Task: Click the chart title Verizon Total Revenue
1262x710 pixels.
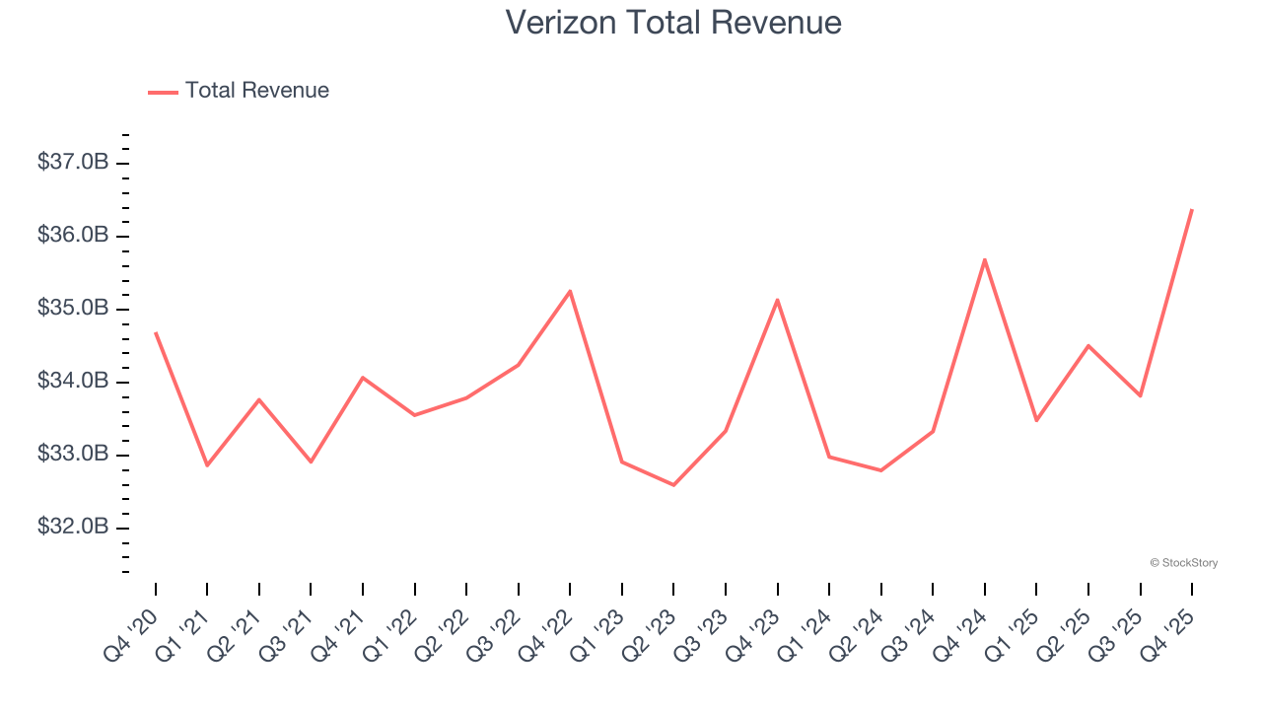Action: [673, 22]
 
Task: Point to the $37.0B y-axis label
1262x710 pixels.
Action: [73, 162]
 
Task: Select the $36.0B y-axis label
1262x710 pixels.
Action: [73, 236]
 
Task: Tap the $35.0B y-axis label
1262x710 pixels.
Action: [73, 309]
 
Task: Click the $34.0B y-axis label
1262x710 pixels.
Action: [73, 382]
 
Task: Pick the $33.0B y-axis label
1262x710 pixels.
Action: [73, 455]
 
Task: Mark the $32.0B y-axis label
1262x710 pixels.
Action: [73, 528]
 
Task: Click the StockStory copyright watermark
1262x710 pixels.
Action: [1183, 563]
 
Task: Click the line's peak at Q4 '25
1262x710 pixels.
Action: [1192, 209]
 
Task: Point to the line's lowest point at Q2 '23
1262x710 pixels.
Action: [673, 485]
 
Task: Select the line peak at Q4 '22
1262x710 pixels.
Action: [570, 291]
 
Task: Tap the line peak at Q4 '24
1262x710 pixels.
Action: [985, 259]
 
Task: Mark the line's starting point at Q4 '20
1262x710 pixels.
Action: [156, 333]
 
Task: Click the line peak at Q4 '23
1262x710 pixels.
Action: [777, 300]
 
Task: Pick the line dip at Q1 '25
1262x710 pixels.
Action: [1036, 421]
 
